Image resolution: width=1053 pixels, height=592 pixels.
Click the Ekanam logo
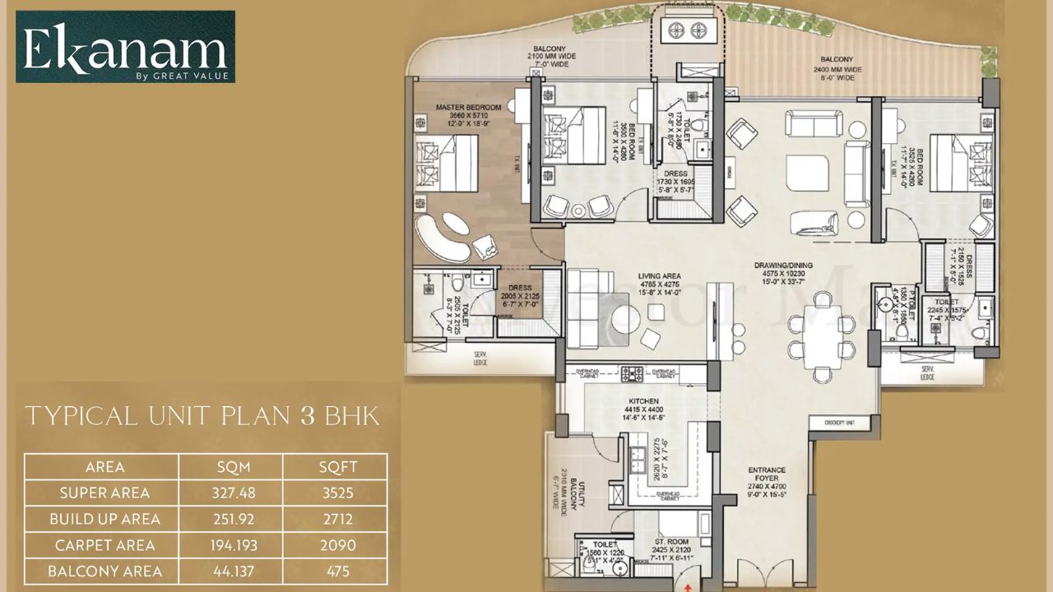point(125,47)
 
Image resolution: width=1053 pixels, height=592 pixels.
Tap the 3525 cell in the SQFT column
point(334,493)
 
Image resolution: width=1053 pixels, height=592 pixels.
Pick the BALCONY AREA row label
point(105,571)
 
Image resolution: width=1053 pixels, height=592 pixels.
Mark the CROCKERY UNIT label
point(841,423)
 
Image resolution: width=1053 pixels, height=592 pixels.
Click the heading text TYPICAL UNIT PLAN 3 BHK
point(202,416)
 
